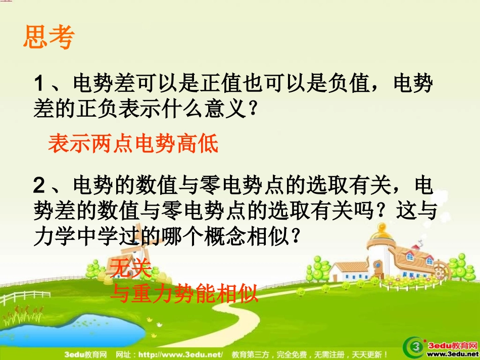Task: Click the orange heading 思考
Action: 49,37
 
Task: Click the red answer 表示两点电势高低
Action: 133,144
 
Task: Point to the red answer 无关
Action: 130,269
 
